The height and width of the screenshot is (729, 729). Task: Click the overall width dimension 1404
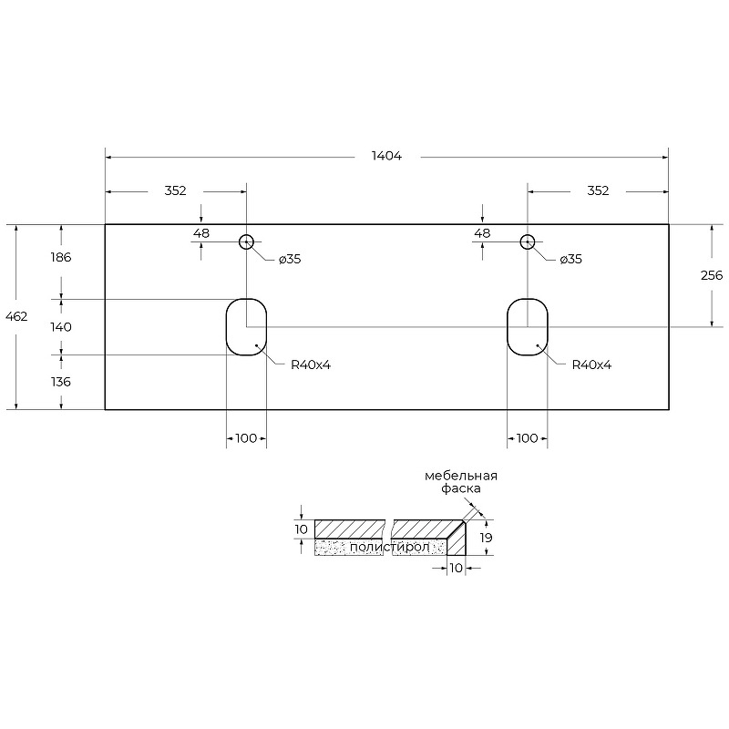tap(386, 156)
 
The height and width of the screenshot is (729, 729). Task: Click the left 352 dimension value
tap(175, 190)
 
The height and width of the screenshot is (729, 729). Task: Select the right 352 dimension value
tap(598, 190)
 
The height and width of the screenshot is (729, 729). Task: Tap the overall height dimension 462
tap(16, 316)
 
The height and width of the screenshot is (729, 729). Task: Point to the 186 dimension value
tap(61, 257)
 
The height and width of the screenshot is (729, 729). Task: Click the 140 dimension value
tap(61, 327)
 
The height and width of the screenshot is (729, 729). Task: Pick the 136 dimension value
tap(61, 382)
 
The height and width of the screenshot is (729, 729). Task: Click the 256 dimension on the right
tap(712, 276)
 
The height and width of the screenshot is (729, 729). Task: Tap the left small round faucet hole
tap(246, 235)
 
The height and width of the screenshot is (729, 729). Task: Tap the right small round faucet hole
tap(528, 235)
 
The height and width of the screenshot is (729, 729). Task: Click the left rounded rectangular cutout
tap(226, 327)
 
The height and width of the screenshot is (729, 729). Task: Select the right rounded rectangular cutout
tap(508, 327)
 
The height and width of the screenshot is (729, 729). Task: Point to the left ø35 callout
tap(290, 259)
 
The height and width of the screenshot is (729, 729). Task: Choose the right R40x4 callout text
tap(591, 365)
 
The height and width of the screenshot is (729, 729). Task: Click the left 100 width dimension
tap(246, 438)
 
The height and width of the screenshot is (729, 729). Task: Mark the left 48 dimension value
tap(201, 233)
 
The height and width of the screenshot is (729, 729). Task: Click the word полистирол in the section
tap(390, 548)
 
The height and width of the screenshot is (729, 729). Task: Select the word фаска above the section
tap(461, 488)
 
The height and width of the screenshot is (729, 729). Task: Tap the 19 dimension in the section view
tap(486, 538)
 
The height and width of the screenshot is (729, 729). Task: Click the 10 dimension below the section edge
tap(457, 568)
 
